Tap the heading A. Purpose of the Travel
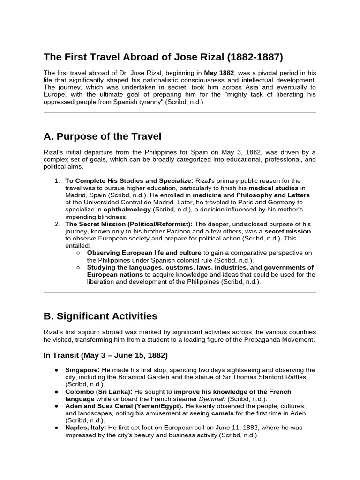click(102, 136)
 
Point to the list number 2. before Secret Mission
click(56, 224)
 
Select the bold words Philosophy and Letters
click(273, 195)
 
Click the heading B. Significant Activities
click(100, 316)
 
